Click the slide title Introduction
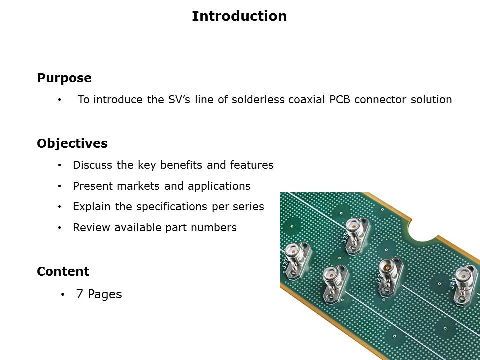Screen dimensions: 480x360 [x=239, y=16]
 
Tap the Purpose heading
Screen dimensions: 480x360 [x=64, y=78]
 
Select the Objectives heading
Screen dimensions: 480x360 [x=72, y=144]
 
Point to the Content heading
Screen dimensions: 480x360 [x=63, y=271]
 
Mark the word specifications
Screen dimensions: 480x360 [x=172, y=207]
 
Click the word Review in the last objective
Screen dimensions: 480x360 [x=92, y=228]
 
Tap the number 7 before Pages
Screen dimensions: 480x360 [x=79, y=294]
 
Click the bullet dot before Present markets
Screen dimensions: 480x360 [x=59, y=186]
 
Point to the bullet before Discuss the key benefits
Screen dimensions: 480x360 [x=59, y=165]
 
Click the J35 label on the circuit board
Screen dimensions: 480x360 [x=345, y=238]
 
